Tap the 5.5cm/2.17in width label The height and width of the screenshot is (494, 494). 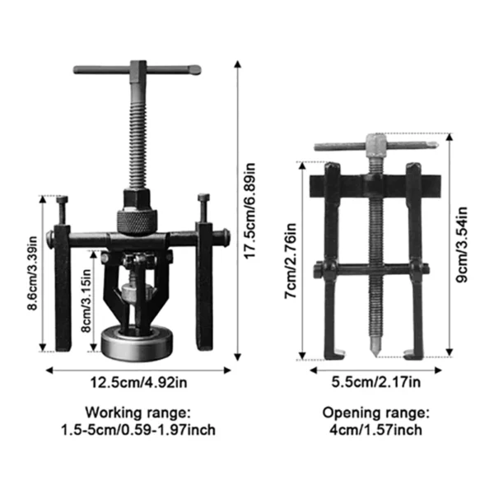(x=375, y=381)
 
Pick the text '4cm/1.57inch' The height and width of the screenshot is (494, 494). (x=375, y=429)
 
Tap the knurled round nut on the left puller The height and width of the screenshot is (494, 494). (x=136, y=219)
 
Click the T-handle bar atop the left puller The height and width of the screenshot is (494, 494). (x=137, y=70)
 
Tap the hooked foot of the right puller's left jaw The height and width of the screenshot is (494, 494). (x=331, y=355)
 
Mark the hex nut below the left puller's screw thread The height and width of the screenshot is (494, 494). (x=136, y=198)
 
